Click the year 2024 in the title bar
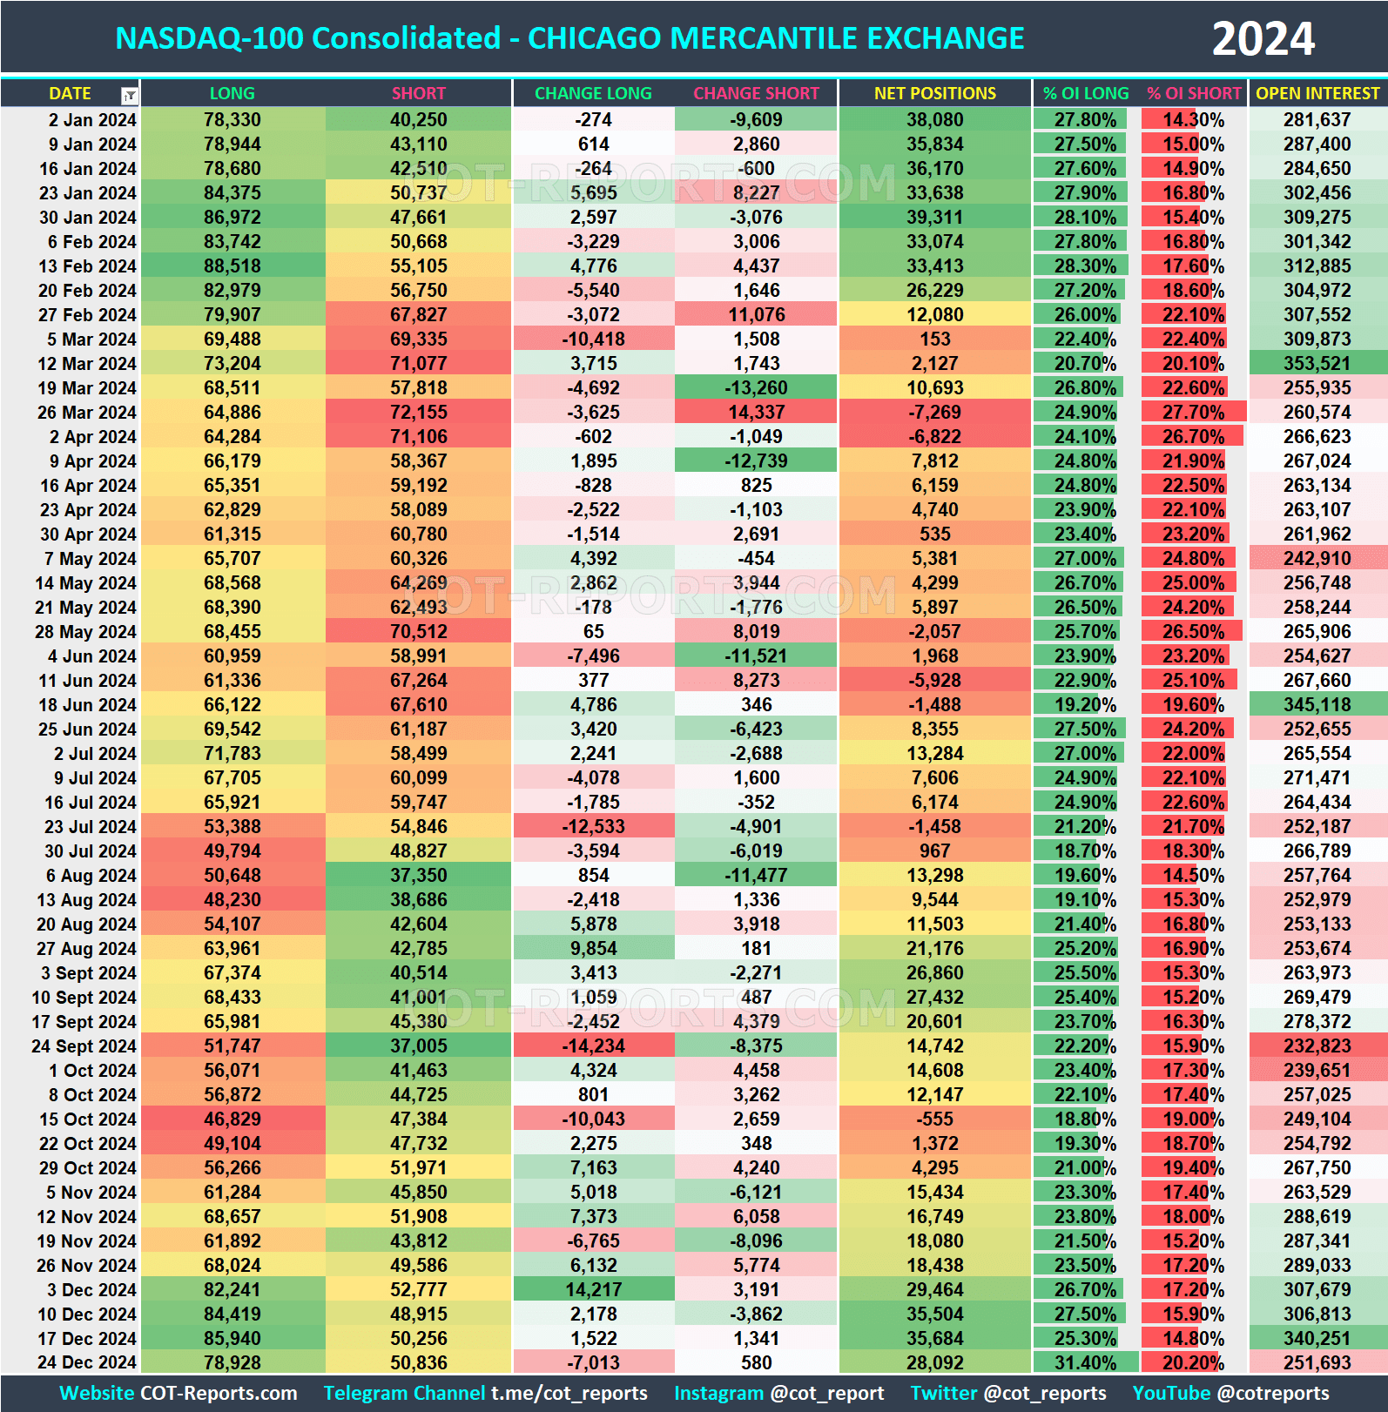coord(1263,39)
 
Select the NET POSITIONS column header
coord(934,93)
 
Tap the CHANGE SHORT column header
coord(756,93)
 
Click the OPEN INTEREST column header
coord(1317,93)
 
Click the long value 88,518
coord(232,266)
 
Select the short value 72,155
coord(418,413)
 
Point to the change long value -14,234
coord(593,1046)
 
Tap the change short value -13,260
coord(756,388)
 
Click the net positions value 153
coord(934,340)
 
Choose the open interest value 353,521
coord(1317,364)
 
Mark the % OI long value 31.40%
coord(1085,1363)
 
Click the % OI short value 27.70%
coord(1193,413)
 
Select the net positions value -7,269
coord(934,413)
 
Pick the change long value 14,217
coord(593,1290)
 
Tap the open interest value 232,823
coord(1317,1046)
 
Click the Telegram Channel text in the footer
coord(404,1394)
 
